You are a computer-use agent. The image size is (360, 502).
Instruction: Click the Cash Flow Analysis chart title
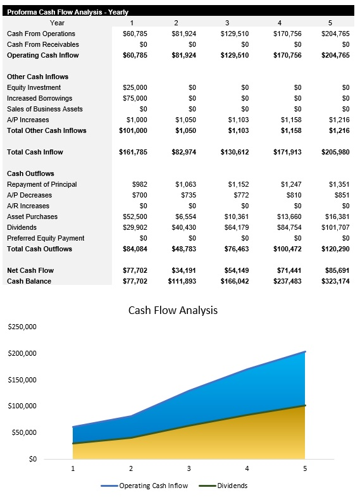pyautogui.click(x=173, y=310)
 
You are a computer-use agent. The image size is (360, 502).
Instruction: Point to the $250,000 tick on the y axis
pyautogui.click(x=22, y=327)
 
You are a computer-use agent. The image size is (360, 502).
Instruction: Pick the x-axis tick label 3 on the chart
pyautogui.click(x=189, y=468)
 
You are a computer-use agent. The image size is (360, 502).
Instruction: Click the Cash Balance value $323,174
pyautogui.click(x=335, y=281)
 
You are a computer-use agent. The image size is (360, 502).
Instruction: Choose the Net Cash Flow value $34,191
pyautogui.click(x=184, y=270)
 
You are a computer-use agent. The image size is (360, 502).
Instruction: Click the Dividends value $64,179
pyautogui.click(x=237, y=227)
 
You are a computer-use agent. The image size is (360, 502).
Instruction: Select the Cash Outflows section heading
pyautogui.click(x=30, y=173)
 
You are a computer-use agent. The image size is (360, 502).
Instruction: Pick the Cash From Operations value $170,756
pyautogui.click(x=289, y=34)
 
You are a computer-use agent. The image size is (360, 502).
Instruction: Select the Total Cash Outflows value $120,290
pyautogui.click(x=335, y=249)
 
